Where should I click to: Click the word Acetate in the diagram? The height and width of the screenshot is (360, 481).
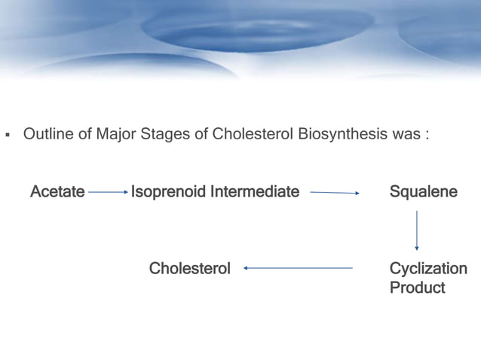click(x=57, y=192)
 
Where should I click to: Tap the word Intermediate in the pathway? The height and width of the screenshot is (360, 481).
click(x=255, y=192)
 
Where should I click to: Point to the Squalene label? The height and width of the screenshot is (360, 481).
click(x=423, y=192)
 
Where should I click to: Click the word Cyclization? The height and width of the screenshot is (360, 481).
click(x=427, y=269)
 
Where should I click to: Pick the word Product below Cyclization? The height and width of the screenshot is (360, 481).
click(x=417, y=288)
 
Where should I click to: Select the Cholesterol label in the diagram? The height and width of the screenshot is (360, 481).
click(x=189, y=269)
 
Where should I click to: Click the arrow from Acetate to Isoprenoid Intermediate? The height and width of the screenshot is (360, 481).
click(x=108, y=193)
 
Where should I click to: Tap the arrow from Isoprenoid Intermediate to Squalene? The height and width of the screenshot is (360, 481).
click(x=335, y=193)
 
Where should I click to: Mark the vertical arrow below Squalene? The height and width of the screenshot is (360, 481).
click(x=417, y=230)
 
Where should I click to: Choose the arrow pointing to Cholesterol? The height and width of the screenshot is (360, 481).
click(x=298, y=268)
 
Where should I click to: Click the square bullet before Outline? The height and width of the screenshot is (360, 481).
click(x=8, y=136)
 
